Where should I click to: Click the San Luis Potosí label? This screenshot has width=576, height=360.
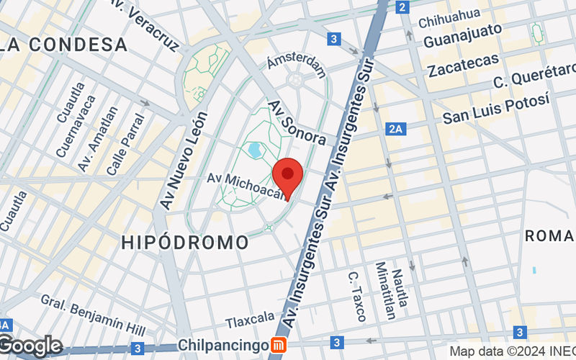click(496, 107)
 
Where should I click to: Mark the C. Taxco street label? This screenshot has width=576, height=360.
click(356, 296)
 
